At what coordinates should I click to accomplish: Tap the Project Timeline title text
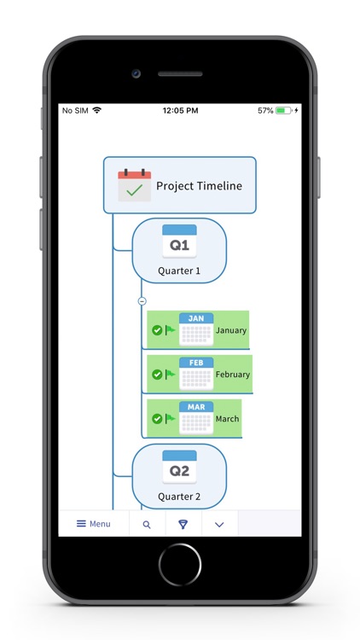click(199, 186)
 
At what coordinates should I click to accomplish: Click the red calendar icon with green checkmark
click(134, 185)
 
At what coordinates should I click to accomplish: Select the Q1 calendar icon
click(179, 241)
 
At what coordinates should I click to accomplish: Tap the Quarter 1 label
click(179, 271)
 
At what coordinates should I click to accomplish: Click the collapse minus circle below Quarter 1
click(142, 300)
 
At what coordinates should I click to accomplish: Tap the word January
click(231, 330)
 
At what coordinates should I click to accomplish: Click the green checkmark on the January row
click(157, 330)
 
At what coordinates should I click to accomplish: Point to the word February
click(233, 375)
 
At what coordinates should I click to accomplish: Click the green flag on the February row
click(170, 374)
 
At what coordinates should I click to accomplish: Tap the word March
click(228, 419)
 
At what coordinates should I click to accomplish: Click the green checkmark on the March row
click(157, 419)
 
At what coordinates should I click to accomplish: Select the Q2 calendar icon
click(179, 467)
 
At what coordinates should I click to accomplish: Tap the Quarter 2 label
click(179, 497)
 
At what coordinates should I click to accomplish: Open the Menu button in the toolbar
click(94, 524)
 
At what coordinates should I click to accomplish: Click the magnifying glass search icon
click(147, 525)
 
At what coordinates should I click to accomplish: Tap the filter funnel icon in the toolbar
click(183, 524)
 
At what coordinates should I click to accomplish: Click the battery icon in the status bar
click(283, 111)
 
